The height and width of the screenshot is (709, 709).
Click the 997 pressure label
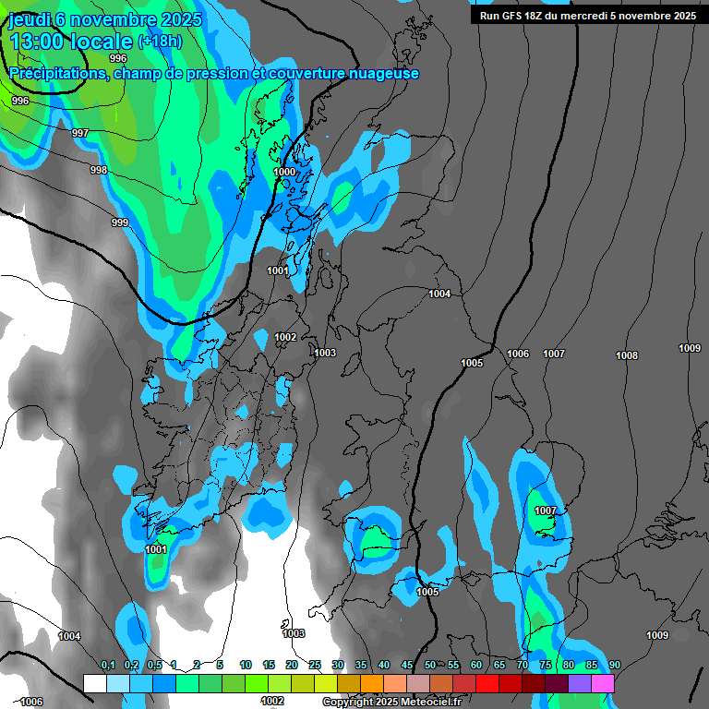pyautogui.click(x=80, y=134)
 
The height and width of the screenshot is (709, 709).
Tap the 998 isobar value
pyautogui.click(x=99, y=170)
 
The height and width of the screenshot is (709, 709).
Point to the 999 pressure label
pyautogui.click(x=120, y=222)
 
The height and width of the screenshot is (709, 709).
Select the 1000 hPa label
pyautogui.click(x=285, y=172)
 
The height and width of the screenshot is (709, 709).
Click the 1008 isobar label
pyautogui.click(x=627, y=355)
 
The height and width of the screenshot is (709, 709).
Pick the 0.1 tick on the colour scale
pyautogui.click(x=108, y=666)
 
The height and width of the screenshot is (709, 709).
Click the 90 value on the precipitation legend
pyautogui.click(x=615, y=666)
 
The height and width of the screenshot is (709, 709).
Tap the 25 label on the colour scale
pyautogui.click(x=315, y=666)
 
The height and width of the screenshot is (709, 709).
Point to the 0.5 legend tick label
pyautogui.click(x=154, y=666)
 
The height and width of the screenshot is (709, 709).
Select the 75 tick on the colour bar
pyautogui.click(x=546, y=666)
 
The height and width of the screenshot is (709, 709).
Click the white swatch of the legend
pyautogui.click(x=94, y=683)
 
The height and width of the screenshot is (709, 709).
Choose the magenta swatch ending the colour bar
pyautogui.click(x=603, y=683)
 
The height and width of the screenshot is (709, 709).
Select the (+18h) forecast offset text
pyautogui.click(x=160, y=42)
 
